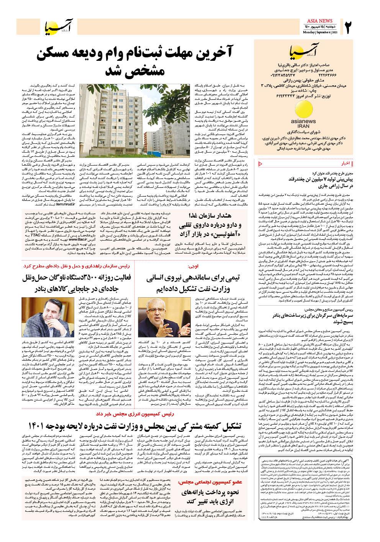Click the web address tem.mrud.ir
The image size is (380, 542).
click(67, 204)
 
